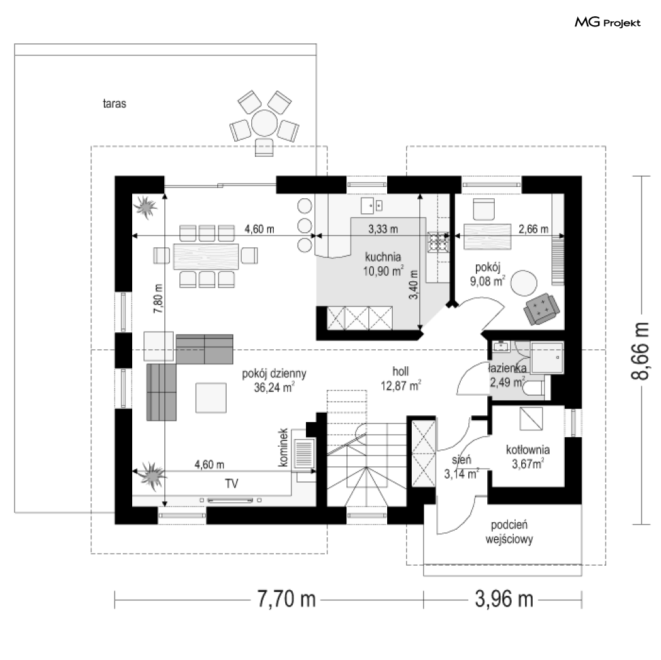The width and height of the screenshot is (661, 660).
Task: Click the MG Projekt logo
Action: [607, 22]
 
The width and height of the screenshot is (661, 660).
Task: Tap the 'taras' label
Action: [114, 103]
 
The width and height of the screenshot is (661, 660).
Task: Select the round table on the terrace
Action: [264, 123]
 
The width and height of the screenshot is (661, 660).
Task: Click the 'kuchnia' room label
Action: [383, 257]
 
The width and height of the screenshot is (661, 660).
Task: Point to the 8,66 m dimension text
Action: [640, 351]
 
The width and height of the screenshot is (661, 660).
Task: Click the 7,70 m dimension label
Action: [286, 599]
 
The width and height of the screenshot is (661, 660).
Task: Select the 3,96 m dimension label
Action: [504, 599]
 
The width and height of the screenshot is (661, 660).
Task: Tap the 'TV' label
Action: [232, 484]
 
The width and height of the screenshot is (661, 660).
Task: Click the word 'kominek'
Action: [283, 447]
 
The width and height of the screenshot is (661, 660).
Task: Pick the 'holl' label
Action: [400, 371]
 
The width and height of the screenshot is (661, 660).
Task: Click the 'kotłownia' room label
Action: [528, 449]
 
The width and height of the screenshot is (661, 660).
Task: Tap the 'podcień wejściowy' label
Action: [509, 532]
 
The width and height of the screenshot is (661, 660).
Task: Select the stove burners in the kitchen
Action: [438, 242]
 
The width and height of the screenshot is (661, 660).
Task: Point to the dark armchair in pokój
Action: [541, 309]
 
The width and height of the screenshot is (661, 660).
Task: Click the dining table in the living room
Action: [206, 256]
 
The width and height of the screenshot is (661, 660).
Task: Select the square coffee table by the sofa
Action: [211, 398]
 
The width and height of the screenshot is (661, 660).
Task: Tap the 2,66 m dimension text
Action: [533, 229]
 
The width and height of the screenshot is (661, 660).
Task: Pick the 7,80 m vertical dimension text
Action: [159, 299]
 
